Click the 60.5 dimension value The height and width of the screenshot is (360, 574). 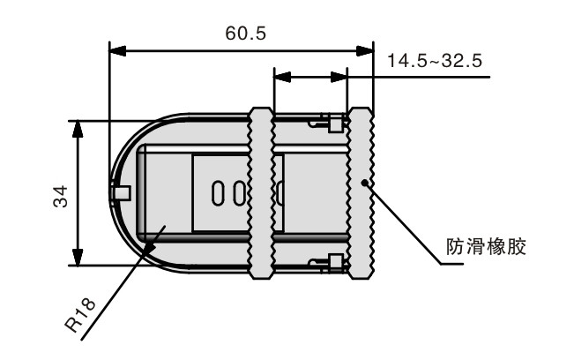point(246,34)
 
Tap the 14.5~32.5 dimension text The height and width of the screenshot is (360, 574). point(435,60)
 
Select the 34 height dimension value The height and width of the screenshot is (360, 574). point(61,197)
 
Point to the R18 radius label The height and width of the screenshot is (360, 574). point(80,315)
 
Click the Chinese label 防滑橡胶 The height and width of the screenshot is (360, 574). point(486,247)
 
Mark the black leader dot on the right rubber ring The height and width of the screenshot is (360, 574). point(364,182)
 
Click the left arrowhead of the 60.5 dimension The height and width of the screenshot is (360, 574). point(118,51)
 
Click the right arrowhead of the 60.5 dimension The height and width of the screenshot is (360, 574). point(365,51)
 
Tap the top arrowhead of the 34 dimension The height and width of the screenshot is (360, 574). point(78,129)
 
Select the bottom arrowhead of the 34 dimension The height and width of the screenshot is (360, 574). point(78,257)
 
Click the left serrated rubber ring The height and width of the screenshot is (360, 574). point(261,193)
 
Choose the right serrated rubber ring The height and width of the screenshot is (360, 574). point(361,193)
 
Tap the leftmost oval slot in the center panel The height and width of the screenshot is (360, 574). point(218,193)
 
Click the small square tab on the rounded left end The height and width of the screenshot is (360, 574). point(122,193)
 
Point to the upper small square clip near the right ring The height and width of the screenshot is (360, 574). point(336,124)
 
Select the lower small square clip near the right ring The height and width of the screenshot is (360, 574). point(336,263)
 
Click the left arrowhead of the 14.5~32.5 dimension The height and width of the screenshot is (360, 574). point(282,77)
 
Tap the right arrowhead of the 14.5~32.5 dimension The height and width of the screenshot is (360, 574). point(339,77)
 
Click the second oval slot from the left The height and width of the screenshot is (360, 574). point(240,193)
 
